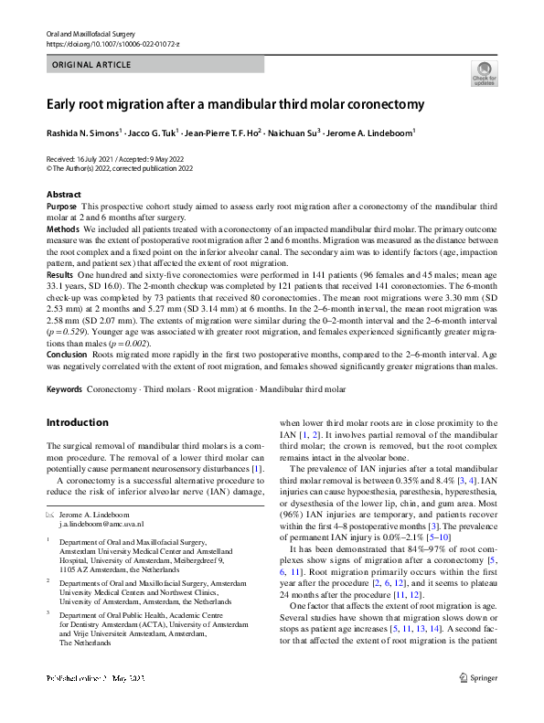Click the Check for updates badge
[x=484, y=73]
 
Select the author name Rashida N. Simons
[x=82, y=133]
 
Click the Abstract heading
[x=65, y=196]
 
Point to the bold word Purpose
[x=61, y=207]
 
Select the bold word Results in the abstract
[x=59, y=275]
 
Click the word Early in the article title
[x=65, y=104]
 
